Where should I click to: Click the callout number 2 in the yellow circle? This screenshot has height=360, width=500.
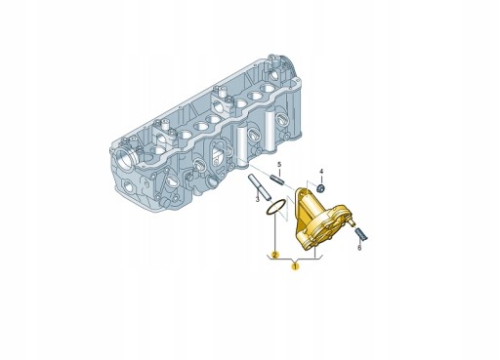click(275, 255)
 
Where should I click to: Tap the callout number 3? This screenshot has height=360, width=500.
click(258, 198)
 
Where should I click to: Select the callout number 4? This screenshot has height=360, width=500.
click(320, 171)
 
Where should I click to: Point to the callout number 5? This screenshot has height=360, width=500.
click(278, 165)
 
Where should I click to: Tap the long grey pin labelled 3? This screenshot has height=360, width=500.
click(257, 182)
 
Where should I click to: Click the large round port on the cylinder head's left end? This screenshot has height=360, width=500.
click(126, 154)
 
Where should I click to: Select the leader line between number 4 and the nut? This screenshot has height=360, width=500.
click(320, 178)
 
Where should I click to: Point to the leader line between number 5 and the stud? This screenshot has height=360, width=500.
click(277, 172)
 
